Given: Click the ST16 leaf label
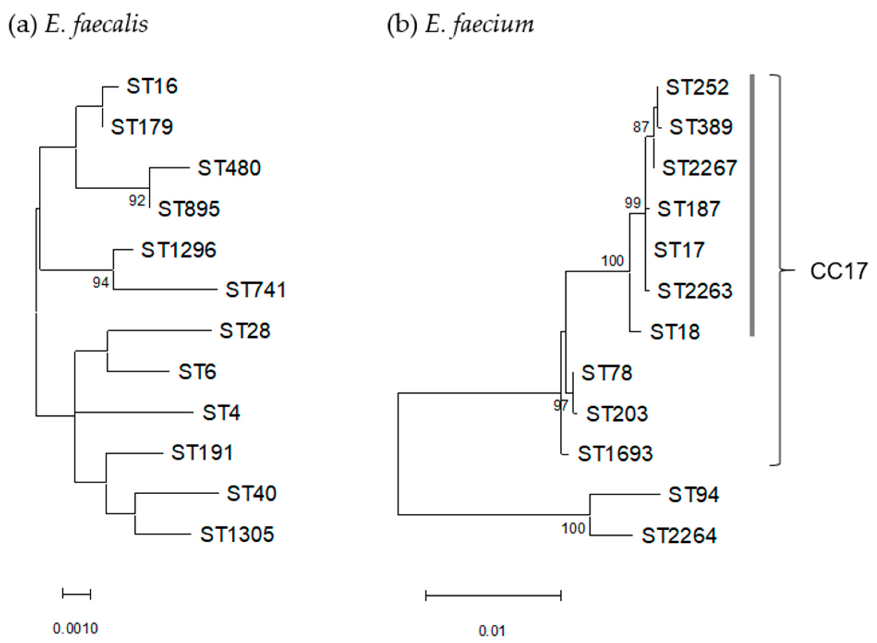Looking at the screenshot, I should tap(152, 86).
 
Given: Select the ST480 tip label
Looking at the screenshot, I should tap(229, 168).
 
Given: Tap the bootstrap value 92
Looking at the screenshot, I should tap(137, 201).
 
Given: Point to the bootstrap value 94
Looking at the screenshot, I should tap(100, 283).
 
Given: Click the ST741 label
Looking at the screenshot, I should tap(256, 290).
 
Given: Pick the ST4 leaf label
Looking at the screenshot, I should tap(221, 412).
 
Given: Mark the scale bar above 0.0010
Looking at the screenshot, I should tap(76, 594).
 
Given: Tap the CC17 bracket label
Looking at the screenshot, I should tap(838, 271).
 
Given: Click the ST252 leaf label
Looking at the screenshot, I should tap(697, 87).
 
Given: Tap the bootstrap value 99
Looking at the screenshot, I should tap(633, 203).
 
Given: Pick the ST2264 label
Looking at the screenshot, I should tap(679, 535).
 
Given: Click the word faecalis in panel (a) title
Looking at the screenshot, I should tap(109, 24).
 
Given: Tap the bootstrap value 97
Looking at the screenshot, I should tap(560, 406).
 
